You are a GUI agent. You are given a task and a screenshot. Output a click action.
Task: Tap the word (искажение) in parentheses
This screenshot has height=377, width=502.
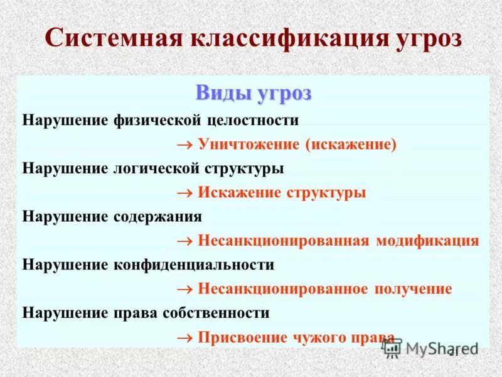point(351,144)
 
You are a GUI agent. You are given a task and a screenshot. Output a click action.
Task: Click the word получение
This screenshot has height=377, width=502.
point(413,289)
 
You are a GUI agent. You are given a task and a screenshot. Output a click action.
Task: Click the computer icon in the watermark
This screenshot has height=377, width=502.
point(391,347)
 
